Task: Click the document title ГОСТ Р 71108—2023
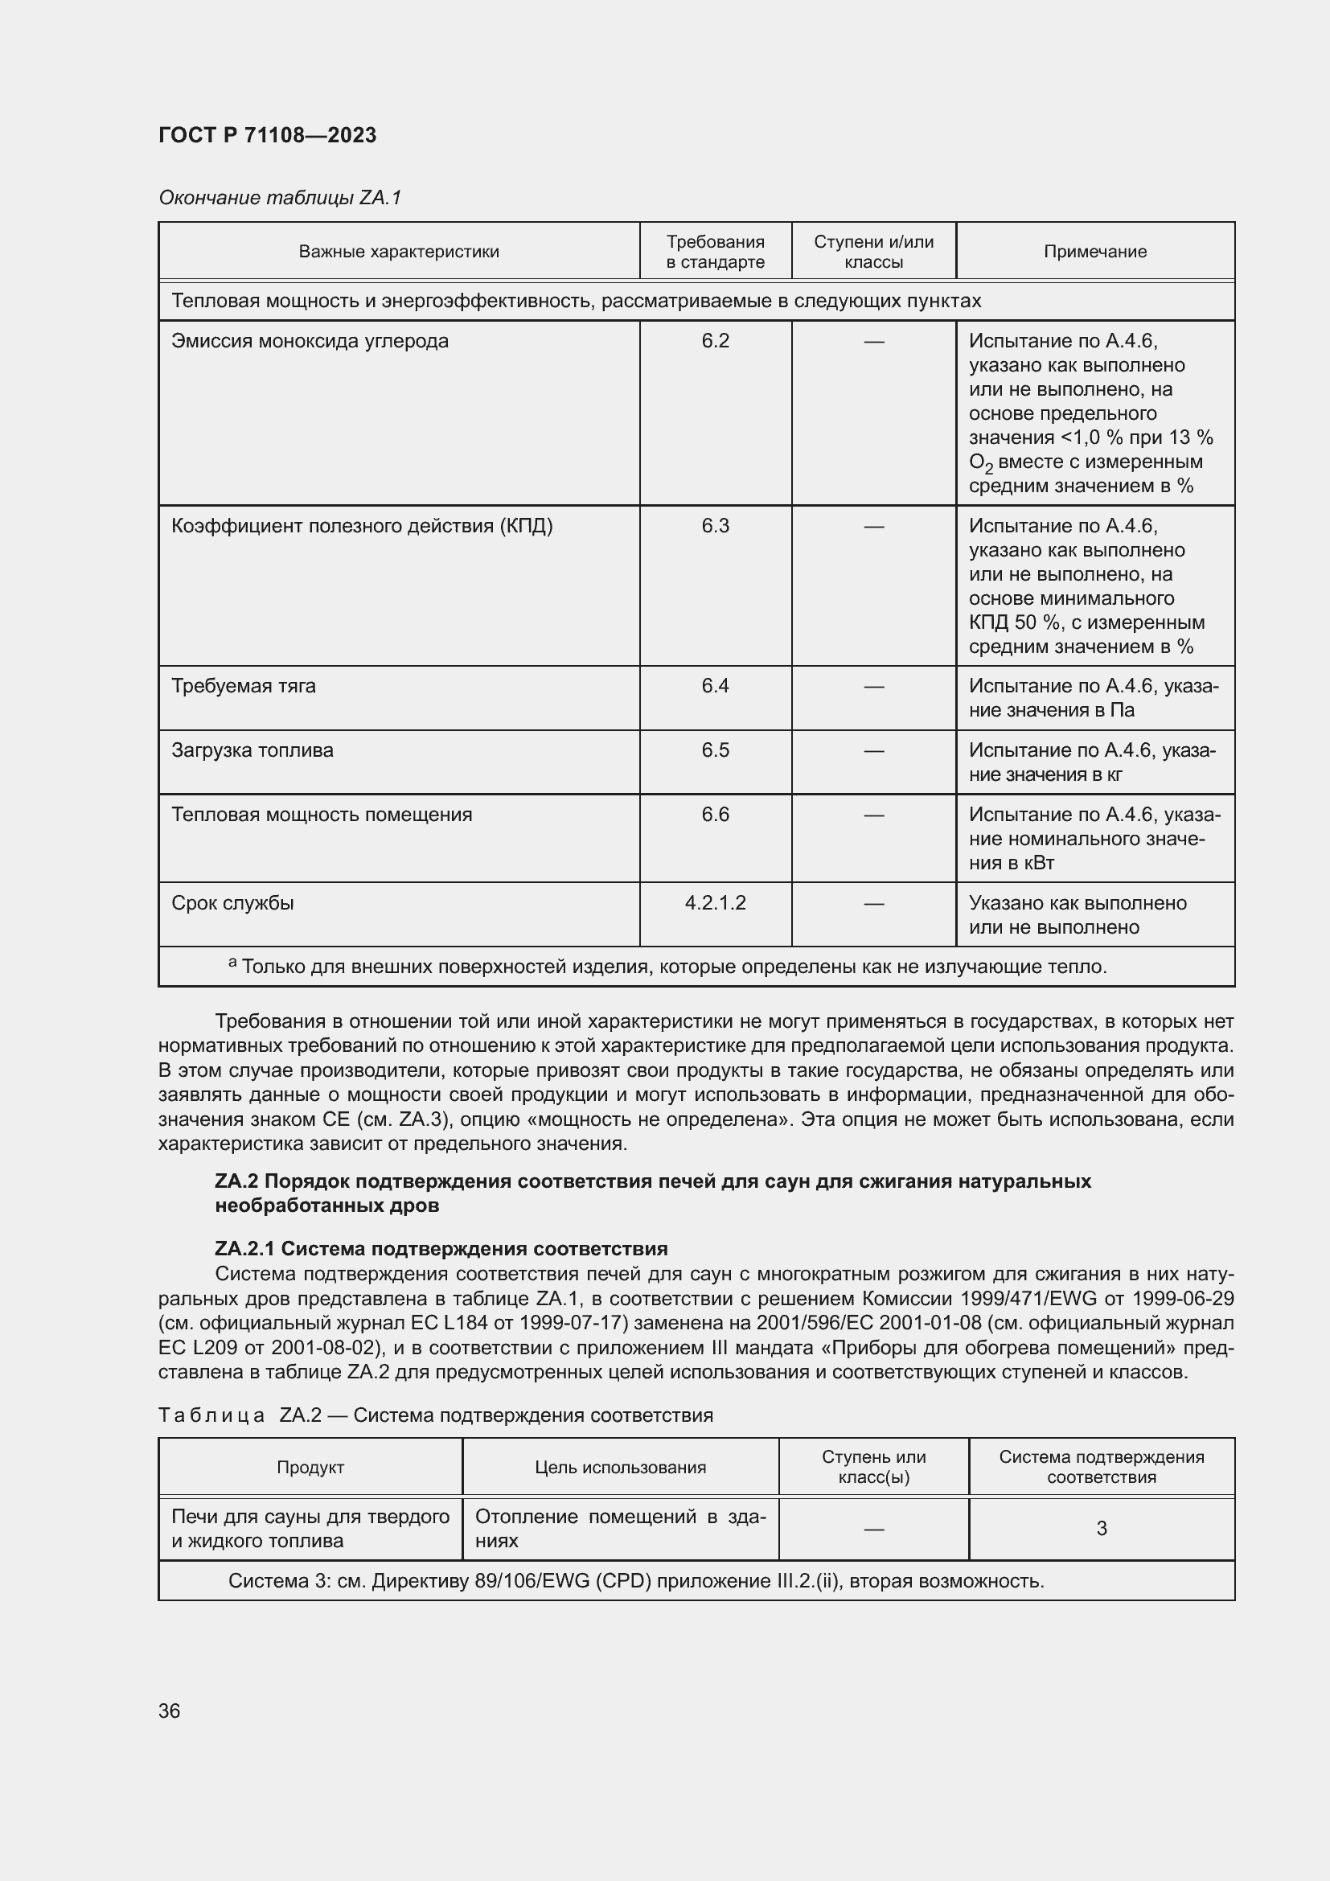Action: (x=267, y=135)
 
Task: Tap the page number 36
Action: (x=170, y=1711)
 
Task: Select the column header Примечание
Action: (x=1094, y=252)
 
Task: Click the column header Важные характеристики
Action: (x=399, y=252)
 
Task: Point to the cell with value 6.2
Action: (x=715, y=341)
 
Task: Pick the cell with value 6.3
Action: (x=715, y=526)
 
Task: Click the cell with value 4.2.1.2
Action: (x=715, y=903)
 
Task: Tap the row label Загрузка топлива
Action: (x=252, y=750)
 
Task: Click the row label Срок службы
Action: (x=232, y=903)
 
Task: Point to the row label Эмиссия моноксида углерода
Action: (x=310, y=341)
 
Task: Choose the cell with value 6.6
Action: (x=715, y=815)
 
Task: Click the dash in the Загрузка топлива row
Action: (x=874, y=750)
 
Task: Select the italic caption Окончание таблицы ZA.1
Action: (x=279, y=198)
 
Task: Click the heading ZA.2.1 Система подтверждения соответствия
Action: (x=441, y=1249)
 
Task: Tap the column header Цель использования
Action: (x=620, y=1468)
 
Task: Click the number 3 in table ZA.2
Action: (x=1102, y=1528)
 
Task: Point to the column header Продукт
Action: (x=310, y=1468)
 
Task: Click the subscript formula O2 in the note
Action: (x=980, y=464)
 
